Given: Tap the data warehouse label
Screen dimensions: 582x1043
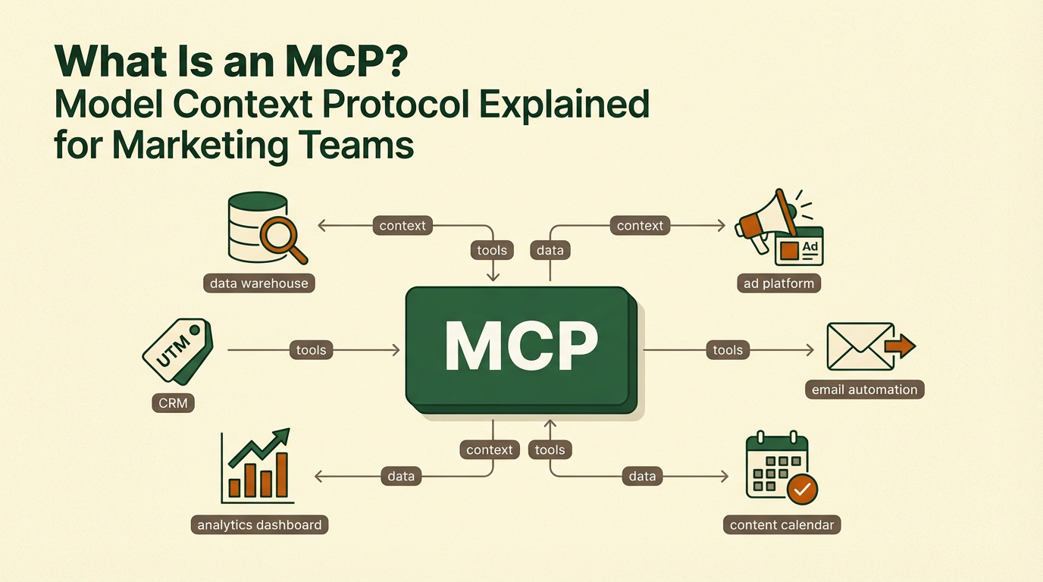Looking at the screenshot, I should [259, 283].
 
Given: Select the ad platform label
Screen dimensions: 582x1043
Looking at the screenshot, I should [778, 283].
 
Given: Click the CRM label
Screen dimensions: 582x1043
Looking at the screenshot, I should [173, 402].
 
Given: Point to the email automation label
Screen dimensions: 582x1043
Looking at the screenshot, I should [864, 390].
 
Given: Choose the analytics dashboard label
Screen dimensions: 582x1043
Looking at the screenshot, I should [259, 524].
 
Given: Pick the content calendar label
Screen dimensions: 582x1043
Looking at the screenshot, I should [781, 524].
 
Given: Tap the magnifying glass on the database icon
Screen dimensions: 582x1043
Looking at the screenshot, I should [282, 238].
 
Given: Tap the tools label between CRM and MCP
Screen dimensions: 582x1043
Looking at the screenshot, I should [311, 349].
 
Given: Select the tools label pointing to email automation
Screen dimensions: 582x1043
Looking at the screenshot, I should [727, 349].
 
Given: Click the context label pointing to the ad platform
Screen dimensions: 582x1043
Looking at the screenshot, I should [640, 225].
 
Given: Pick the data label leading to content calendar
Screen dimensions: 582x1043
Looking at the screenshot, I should [641, 477].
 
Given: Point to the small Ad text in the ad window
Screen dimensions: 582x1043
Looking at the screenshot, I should [810, 246].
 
